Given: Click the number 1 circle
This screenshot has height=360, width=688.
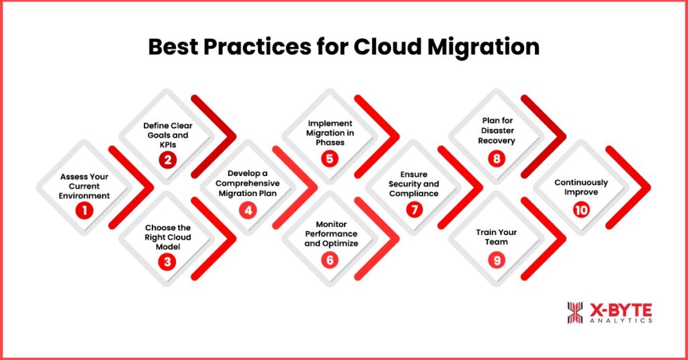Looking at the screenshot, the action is (x=84, y=210).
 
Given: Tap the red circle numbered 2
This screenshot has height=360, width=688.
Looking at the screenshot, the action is (x=167, y=160).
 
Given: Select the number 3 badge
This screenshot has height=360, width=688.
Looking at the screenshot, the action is (x=167, y=262).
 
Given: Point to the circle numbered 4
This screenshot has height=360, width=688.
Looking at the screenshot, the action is (x=248, y=210).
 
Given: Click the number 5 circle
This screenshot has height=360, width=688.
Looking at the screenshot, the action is (x=329, y=159).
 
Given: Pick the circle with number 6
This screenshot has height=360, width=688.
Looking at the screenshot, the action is (x=329, y=260).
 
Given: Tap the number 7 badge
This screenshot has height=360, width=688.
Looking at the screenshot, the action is (x=414, y=210).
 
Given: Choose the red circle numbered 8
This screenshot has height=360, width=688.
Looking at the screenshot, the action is (x=497, y=158).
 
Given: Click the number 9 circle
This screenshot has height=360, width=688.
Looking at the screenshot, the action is (x=497, y=261).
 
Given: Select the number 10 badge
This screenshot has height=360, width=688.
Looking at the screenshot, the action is (x=581, y=210).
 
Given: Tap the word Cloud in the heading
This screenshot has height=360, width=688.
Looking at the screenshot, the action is (x=388, y=46).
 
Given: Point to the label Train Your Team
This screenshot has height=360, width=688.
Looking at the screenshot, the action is (x=497, y=237).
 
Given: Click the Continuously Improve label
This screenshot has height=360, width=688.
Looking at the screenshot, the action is (x=581, y=187).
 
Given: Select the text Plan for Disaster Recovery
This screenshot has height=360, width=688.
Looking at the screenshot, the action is (x=497, y=131).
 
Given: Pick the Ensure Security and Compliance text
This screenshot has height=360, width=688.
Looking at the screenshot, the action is (x=414, y=184).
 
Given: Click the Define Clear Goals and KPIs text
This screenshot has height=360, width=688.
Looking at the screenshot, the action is (x=167, y=135).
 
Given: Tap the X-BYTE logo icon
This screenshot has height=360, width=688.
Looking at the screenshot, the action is (x=575, y=312).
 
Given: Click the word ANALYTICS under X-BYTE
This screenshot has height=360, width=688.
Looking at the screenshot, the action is (x=621, y=320).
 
